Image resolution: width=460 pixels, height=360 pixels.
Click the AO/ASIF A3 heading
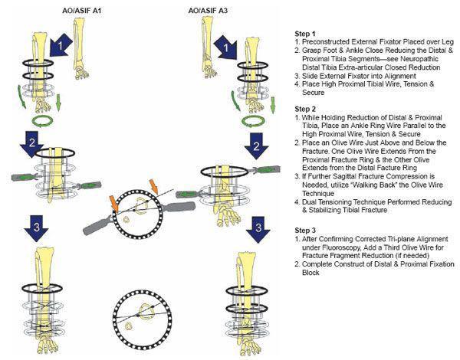click(209, 9)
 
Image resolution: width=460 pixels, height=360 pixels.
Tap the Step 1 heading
click(307, 34)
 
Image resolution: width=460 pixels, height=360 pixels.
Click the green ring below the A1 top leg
click(38, 120)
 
